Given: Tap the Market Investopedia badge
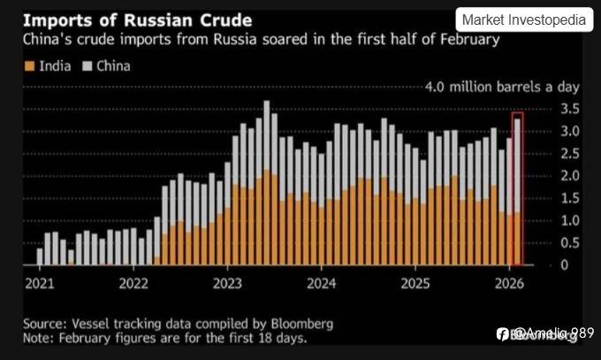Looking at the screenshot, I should (524, 19).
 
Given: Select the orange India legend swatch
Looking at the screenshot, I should (31, 66).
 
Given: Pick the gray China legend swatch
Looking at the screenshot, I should (87, 66).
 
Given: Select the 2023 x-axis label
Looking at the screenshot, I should (227, 283).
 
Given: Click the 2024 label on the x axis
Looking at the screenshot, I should (322, 283).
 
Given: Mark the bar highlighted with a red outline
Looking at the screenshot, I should (517, 189).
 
